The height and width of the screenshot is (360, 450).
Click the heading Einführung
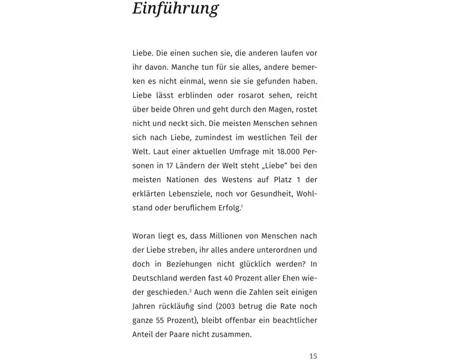point(175,9)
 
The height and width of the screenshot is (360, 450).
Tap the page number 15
point(313,356)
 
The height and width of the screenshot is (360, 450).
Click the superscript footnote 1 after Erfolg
point(242,207)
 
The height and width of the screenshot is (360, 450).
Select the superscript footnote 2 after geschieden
point(190,291)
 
